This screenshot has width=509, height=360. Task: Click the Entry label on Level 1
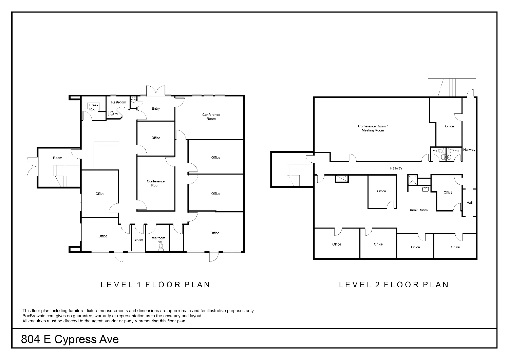(x=156, y=109)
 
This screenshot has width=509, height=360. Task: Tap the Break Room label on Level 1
(x=94, y=107)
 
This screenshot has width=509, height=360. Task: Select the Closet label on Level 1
(x=138, y=240)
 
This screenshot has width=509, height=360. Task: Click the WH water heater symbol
(x=133, y=100)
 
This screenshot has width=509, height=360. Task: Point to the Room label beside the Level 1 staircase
(x=57, y=158)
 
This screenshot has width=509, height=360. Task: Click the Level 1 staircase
(x=60, y=176)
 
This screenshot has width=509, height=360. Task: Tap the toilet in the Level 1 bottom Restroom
(x=161, y=247)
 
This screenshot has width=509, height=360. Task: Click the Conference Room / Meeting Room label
(x=373, y=128)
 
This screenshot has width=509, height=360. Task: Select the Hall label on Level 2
(x=469, y=203)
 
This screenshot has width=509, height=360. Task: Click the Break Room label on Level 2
(x=418, y=210)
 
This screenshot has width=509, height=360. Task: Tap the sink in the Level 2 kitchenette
(x=425, y=189)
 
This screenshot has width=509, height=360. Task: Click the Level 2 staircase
(x=293, y=175)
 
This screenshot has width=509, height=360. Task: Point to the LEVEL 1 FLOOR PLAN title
(x=155, y=285)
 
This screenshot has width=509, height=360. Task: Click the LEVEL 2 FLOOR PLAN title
(x=394, y=285)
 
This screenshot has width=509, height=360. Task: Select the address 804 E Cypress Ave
(x=70, y=339)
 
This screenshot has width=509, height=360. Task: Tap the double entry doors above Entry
(x=156, y=91)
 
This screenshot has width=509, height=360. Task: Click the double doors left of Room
(x=33, y=167)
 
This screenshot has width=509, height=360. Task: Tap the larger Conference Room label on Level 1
(x=211, y=117)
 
